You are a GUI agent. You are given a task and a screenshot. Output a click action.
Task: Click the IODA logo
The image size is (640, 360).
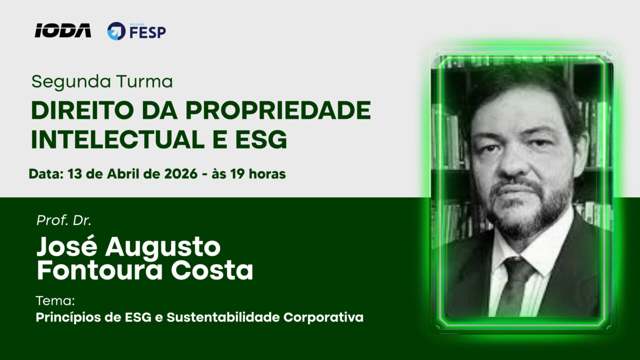tap(63, 30)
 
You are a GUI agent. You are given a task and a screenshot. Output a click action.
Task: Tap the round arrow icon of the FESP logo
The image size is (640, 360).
tap(116, 31)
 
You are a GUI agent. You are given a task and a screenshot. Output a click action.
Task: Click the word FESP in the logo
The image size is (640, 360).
tap(147, 32)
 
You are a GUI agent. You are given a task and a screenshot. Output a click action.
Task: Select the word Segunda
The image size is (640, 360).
tap(71, 82)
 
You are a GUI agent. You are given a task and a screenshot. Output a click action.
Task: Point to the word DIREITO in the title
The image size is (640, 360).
tap(82, 110)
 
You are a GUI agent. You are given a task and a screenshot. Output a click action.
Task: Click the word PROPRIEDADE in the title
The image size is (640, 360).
tap(278, 110)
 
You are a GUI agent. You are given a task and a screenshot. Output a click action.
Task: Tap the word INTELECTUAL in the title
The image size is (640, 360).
tap(117, 139)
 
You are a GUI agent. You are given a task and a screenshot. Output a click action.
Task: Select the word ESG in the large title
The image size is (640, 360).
tap(261, 139)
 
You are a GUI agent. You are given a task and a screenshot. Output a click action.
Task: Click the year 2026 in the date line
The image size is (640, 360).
tap(181, 173)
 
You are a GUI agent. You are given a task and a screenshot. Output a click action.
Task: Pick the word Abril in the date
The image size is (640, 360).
tap(123, 173)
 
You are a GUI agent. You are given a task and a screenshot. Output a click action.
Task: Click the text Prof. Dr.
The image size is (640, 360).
tap(64, 220)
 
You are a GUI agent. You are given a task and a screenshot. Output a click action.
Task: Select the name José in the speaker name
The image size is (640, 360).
tap(67, 246)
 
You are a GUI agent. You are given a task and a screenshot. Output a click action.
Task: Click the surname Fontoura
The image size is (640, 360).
tap(100, 270)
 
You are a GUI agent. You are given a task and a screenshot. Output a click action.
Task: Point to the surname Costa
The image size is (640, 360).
tap(212, 270)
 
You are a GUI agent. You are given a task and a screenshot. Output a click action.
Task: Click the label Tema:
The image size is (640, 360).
tap(55, 301)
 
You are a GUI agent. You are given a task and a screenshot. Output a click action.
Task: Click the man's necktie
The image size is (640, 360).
tap(515, 285)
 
